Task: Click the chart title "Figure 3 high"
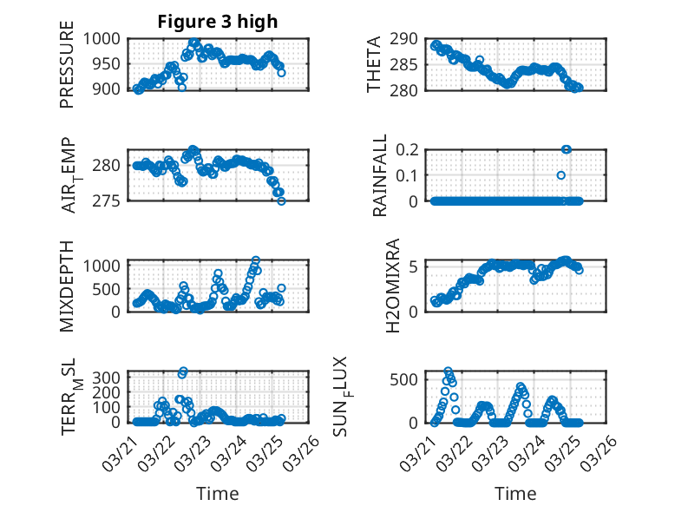(218, 22)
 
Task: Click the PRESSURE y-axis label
(67, 70)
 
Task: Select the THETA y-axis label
(374, 64)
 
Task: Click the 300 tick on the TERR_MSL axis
(110, 377)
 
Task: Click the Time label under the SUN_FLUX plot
(515, 493)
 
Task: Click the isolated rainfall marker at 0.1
(561, 175)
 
